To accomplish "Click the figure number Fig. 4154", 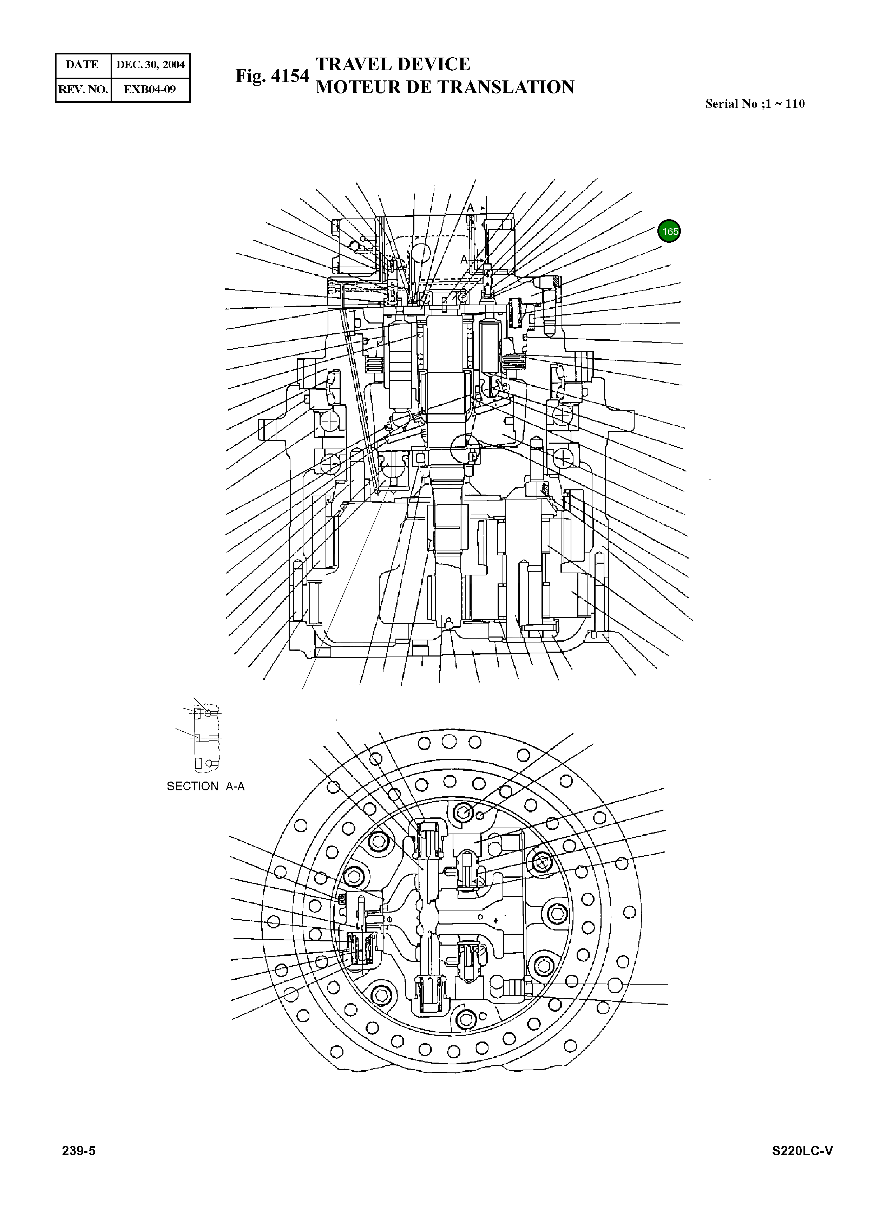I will click(x=272, y=76).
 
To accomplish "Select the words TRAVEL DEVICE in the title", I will click(x=393, y=64).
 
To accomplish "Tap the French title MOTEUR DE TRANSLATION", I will click(x=445, y=87).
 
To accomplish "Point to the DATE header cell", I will click(x=83, y=65).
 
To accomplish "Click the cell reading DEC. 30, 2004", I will click(x=150, y=65).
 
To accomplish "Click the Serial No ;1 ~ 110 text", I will click(x=755, y=104).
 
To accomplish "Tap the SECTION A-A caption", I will click(x=205, y=786).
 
